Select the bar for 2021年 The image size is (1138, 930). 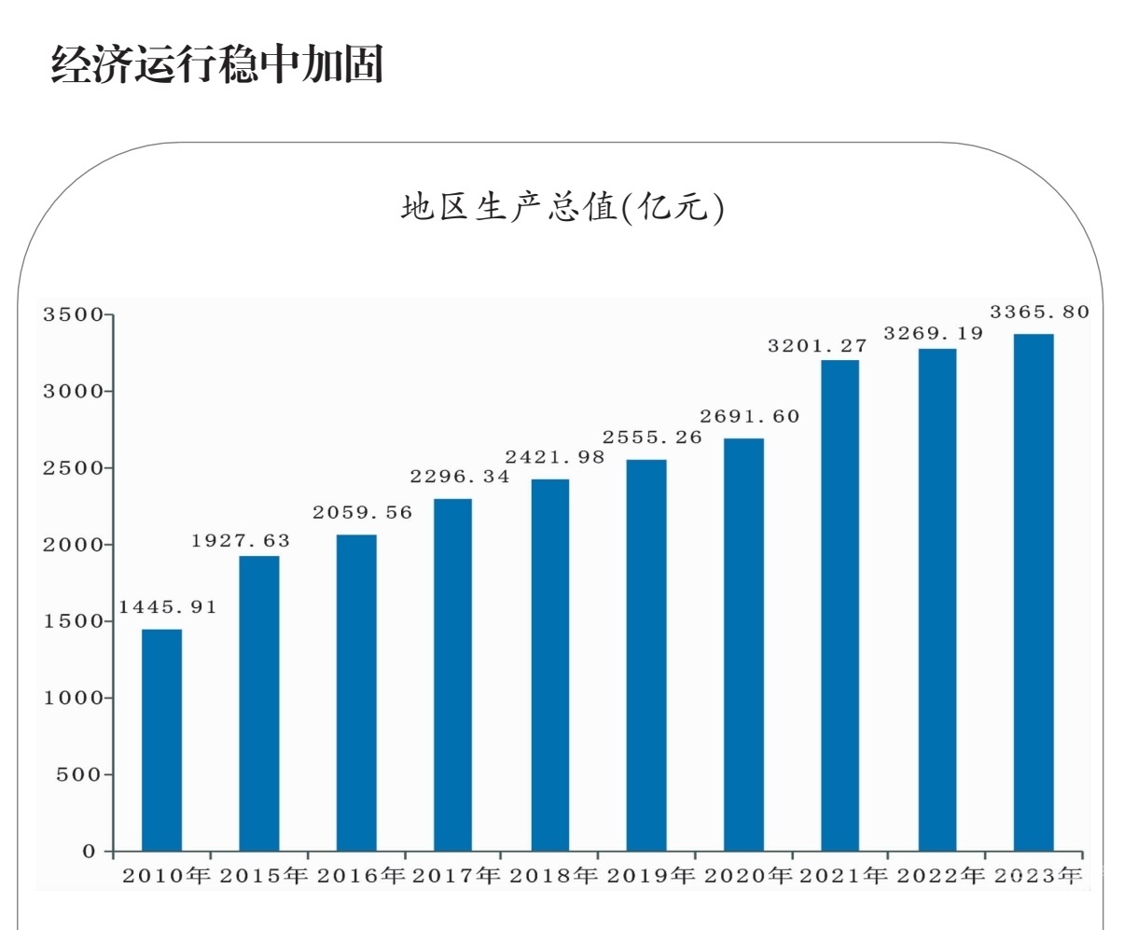pyautogui.click(x=840, y=605)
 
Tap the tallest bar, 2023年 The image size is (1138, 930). pyautogui.click(x=1034, y=592)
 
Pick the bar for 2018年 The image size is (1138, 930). pyautogui.click(x=549, y=665)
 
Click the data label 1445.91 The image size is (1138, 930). pyautogui.click(x=167, y=607)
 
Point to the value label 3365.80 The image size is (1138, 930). pyautogui.click(x=1039, y=312)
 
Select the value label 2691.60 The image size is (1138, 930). pyautogui.click(x=750, y=417)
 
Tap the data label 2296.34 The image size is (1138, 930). pyautogui.click(x=460, y=477)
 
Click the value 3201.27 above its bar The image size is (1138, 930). pyautogui.click(x=817, y=346)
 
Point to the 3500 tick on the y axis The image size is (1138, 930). pyautogui.click(x=73, y=315)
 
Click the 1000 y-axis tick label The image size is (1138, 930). pyautogui.click(x=73, y=698)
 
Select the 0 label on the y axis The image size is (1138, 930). pyautogui.click(x=90, y=852)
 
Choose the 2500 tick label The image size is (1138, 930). pyautogui.click(x=73, y=468)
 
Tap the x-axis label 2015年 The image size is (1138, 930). pyautogui.click(x=264, y=877)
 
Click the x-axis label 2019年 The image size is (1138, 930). pyautogui.click(x=651, y=877)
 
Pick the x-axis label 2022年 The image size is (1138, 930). pyautogui.click(x=940, y=877)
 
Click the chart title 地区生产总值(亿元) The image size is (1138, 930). pyautogui.click(x=562, y=207)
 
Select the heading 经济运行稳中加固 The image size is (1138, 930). pyautogui.click(x=216, y=64)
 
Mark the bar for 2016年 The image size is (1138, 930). pyautogui.click(x=356, y=692)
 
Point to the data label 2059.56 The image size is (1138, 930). pyautogui.click(x=362, y=513)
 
